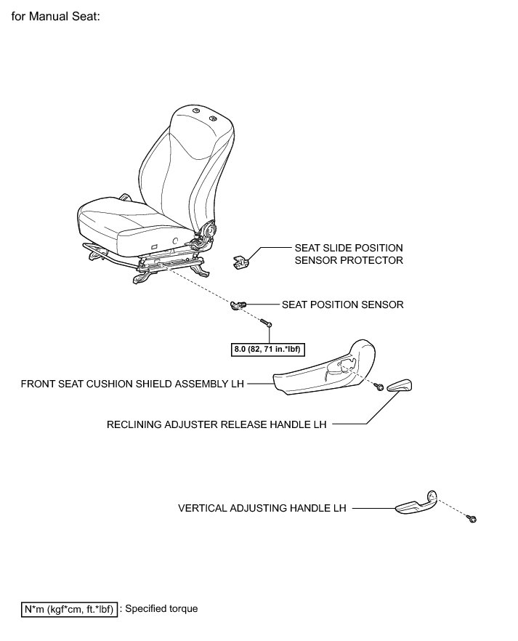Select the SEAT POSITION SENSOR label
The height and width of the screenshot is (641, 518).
click(x=342, y=305)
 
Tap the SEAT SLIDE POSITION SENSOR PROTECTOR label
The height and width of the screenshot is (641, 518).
click(x=348, y=254)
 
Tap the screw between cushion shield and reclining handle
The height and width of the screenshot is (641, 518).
click(x=379, y=390)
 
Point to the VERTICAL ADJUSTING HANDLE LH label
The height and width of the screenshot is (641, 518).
click(x=262, y=509)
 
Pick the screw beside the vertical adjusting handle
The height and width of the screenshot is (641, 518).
click(x=472, y=520)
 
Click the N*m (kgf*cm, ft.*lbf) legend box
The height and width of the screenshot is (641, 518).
click(x=68, y=608)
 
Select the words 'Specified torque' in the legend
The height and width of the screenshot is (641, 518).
click(x=161, y=608)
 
